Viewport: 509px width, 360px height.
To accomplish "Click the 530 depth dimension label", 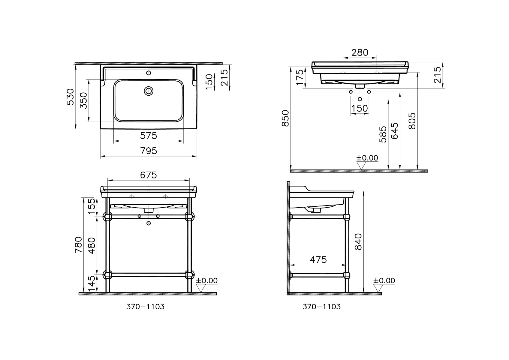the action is click(x=71, y=97).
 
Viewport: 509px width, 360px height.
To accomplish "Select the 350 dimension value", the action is click(x=84, y=100).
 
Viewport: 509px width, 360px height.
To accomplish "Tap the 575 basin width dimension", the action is click(x=149, y=136).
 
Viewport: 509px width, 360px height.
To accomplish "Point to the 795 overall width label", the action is click(x=149, y=151).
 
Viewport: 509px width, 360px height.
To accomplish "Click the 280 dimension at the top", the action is click(x=360, y=53).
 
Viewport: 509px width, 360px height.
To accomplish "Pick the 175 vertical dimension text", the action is click(x=300, y=77).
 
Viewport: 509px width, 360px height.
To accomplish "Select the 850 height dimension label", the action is click(x=285, y=118).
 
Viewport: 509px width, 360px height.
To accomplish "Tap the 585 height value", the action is click(x=383, y=134).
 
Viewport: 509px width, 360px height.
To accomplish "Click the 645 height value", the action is click(x=394, y=131).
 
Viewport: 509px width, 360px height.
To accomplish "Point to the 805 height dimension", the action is click(x=412, y=121).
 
